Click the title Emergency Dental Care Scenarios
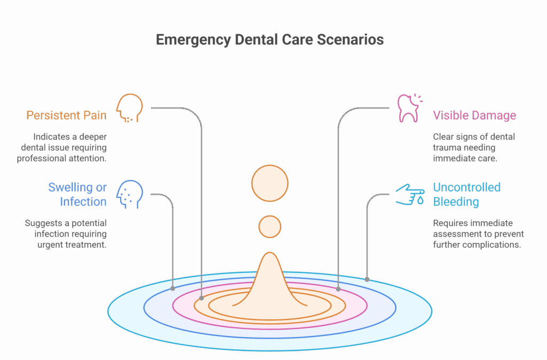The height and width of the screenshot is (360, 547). [270, 40]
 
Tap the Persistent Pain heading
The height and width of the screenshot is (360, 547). [66, 115]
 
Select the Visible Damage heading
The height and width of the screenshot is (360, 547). [474, 115]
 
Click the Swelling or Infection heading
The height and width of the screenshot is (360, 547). [77, 194]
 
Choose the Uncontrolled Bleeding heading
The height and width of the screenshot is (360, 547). [467, 194]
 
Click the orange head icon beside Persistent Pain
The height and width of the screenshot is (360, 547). [129, 108]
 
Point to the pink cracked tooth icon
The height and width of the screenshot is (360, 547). [410, 108]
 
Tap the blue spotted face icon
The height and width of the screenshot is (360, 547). [129, 194]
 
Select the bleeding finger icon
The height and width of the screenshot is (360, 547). [410, 194]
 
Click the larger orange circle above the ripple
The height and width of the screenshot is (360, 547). [270, 183]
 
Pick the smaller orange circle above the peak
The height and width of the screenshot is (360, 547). [270, 227]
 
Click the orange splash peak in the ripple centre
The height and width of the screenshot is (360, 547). [270, 279]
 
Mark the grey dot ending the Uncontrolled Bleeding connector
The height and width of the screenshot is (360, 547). [367, 279]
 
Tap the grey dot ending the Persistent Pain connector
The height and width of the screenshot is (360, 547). [201, 298]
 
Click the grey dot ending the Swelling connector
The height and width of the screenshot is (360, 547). [173, 288]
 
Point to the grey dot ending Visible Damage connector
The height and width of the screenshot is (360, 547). [338, 289]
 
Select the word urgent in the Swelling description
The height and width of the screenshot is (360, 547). [49, 245]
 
